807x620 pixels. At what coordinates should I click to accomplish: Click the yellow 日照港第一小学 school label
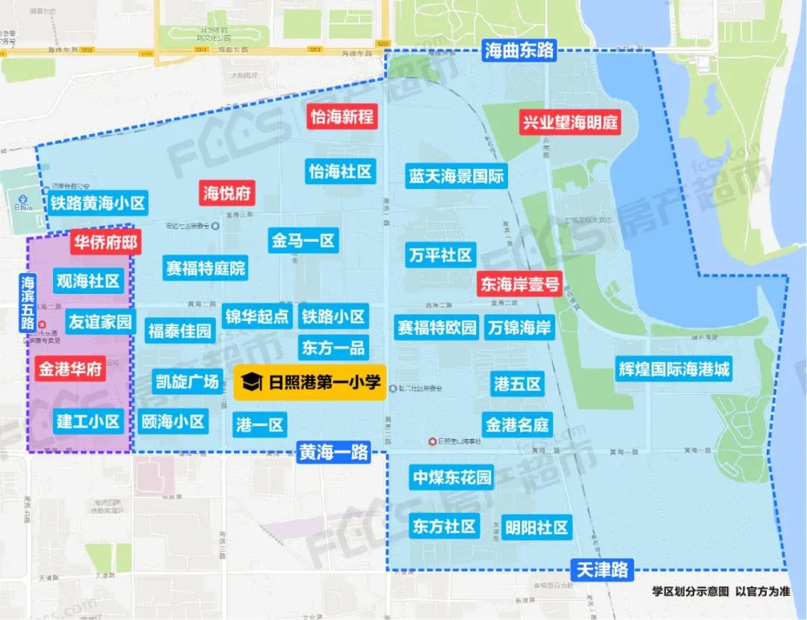point(310,383)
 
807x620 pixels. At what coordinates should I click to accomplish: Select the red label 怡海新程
point(341,117)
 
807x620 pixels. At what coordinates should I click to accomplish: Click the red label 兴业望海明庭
point(571,122)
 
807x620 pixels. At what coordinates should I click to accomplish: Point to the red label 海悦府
point(227,193)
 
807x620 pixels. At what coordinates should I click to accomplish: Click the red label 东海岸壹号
point(519,284)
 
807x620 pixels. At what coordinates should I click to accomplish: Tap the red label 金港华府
point(71,369)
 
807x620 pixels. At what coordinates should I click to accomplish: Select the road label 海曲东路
point(519,50)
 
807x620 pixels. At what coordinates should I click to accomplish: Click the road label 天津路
point(602,570)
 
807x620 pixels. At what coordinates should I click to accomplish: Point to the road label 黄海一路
point(334,452)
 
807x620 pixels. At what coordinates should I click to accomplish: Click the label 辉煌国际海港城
point(673,369)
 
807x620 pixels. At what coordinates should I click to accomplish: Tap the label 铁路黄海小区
point(98,203)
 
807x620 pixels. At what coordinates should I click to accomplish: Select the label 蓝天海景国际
point(456,177)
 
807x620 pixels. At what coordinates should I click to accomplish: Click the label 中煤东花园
point(453,476)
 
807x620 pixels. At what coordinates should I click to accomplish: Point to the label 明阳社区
point(536,527)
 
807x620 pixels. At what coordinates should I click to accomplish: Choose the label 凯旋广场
point(188,381)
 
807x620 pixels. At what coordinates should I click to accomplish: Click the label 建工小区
point(88,421)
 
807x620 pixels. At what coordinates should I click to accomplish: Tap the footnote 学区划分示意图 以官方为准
point(720,591)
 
